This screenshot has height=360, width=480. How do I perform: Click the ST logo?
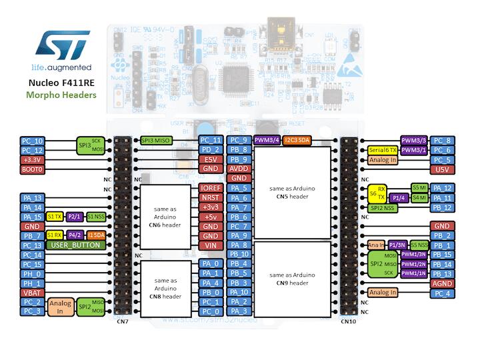[61, 45]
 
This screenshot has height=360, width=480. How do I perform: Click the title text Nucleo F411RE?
[61, 83]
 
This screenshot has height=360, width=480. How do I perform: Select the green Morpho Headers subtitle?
[61, 95]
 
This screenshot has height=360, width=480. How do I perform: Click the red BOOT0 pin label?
[33, 170]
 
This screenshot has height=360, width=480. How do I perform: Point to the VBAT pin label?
[33, 293]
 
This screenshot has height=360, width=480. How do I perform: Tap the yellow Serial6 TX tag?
[383, 151]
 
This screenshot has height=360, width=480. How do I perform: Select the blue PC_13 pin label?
[33, 245]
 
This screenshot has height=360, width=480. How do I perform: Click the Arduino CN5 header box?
[293, 193]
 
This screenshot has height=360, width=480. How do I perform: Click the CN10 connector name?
[349, 322]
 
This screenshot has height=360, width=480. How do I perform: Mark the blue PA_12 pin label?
[443, 189]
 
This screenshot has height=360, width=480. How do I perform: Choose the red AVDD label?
[239, 169]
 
